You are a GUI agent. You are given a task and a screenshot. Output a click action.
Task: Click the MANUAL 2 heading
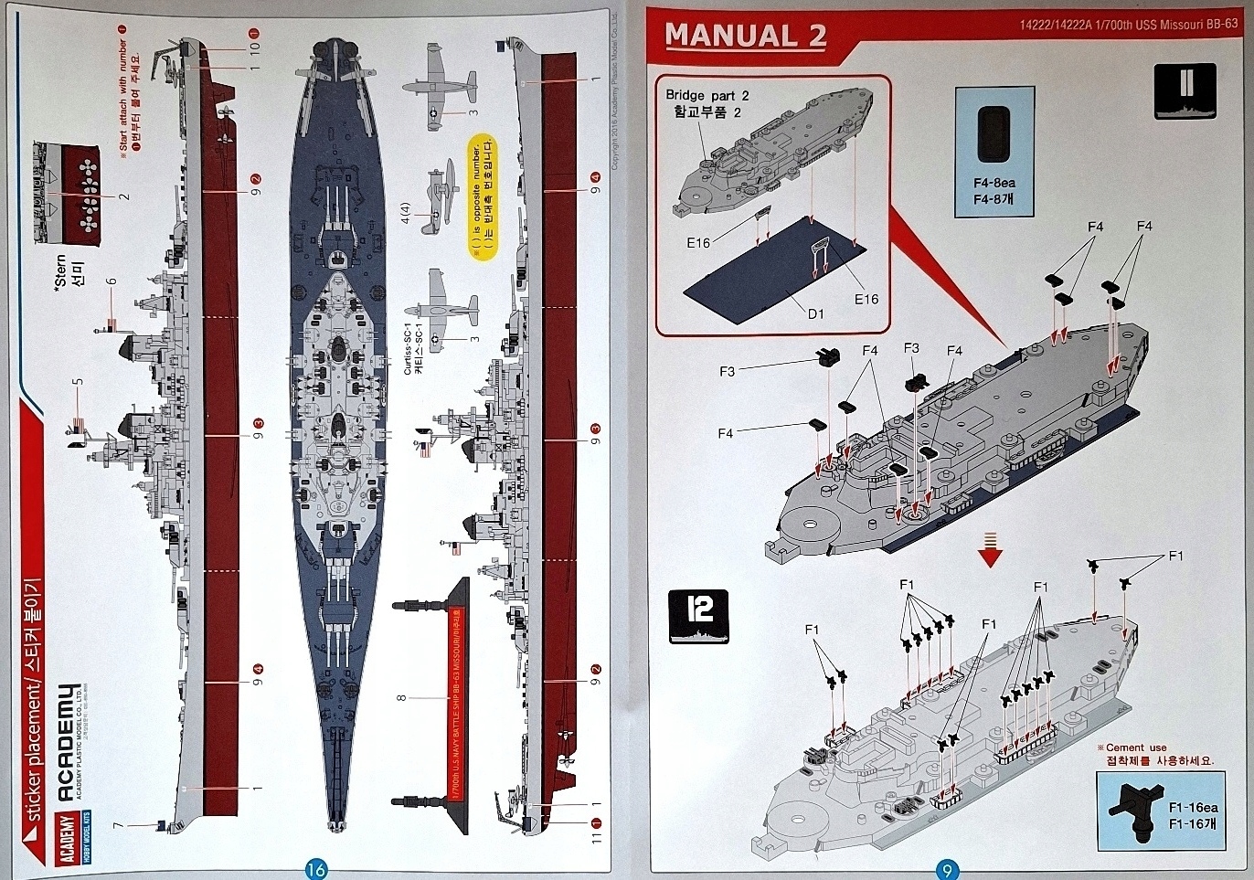coord(745,36)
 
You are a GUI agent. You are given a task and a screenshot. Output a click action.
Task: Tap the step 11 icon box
coord(1185,90)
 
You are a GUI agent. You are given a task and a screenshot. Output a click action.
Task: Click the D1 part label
coord(815,313)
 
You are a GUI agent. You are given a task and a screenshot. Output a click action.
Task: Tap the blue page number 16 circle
coord(315,869)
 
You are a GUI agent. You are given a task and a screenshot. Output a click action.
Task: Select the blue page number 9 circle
coord(947,871)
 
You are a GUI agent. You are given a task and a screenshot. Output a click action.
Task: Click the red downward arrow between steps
coord(990,551)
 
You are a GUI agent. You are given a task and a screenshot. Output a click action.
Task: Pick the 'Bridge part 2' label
coord(707,95)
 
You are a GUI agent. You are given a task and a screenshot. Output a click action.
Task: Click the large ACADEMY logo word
coord(68,741)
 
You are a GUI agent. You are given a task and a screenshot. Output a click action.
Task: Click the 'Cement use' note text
coord(1136,747)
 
